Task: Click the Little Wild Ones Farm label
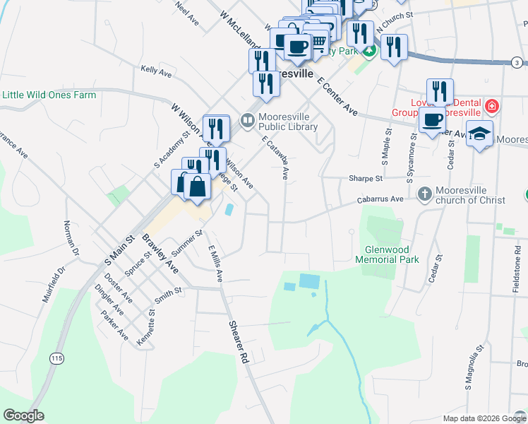[49, 95]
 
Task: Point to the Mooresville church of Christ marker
[425, 192]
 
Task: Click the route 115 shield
[56, 359]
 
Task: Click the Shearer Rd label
[239, 343]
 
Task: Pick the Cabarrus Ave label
[380, 200]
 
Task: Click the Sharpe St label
[365, 179]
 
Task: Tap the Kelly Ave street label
[157, 71]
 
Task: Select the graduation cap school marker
[480, 134]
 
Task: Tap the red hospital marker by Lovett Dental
[492, 107]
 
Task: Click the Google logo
[24, 416]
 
